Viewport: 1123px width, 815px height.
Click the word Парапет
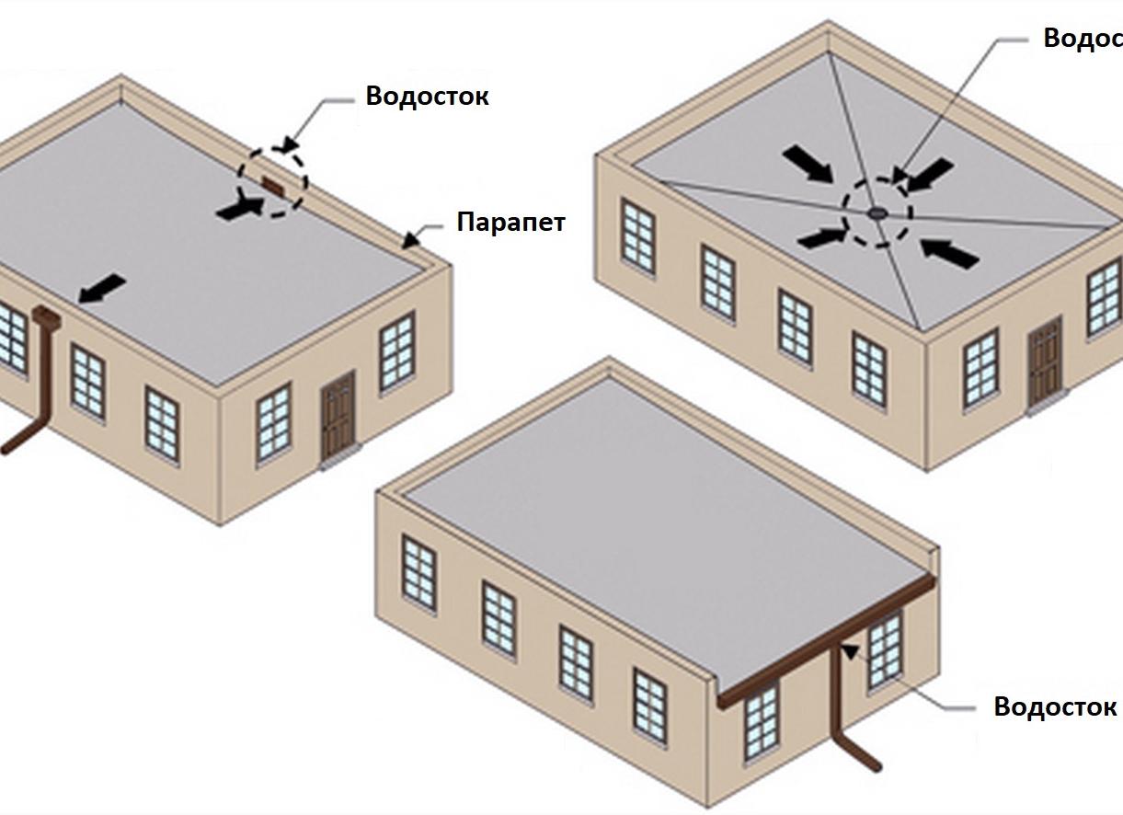click(510, 222)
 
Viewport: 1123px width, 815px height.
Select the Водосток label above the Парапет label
click(427, 96)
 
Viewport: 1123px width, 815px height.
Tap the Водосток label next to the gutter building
click(1055, 706)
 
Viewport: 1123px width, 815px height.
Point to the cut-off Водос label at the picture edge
click(1083, 39)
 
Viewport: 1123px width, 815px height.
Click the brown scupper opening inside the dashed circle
click(273, 184)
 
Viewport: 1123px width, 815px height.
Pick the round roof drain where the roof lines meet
click(877, 213)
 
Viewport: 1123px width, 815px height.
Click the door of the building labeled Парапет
click(338, 417)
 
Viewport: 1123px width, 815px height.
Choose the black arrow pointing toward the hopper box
click(102, 288)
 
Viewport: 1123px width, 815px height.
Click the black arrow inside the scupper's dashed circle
click(238, 208)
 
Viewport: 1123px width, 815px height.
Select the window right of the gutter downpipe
click(885, 651)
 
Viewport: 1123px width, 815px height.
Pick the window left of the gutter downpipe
click(761, 721)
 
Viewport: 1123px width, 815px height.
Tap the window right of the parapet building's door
click(396, 350)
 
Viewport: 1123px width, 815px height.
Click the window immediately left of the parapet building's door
click(273, 422)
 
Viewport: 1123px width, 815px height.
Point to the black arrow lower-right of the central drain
click(948, 252)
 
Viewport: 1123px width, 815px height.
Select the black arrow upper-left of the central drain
click(808, 164)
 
